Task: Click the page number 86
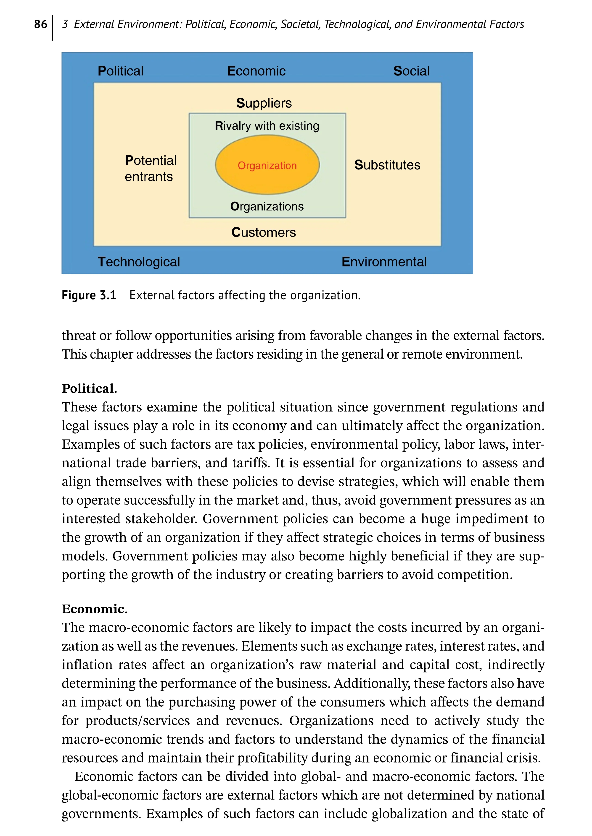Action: coord(40,24)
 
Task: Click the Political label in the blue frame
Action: coord(121,71)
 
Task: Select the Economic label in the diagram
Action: coord(256,71)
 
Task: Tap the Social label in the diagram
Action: coord(411,71)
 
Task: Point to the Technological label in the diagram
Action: coord(139,262)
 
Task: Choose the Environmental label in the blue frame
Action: coord(384,262)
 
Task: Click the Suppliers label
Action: coord(264,103)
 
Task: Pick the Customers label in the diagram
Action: coord(264,232)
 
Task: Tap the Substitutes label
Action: coord(387,165)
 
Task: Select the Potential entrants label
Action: coord(150,168)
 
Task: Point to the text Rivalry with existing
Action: coord(267,126)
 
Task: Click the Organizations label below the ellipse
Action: coord(267,206)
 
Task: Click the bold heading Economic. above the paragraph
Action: coord(94,609)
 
